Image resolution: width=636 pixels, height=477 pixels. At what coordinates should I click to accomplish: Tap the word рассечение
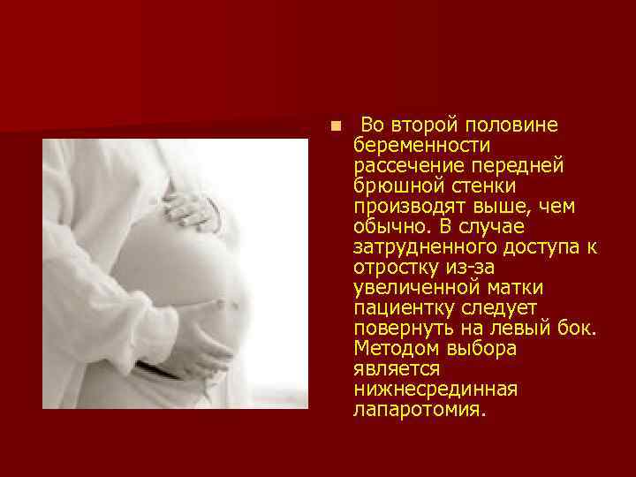click(x=397, y=166)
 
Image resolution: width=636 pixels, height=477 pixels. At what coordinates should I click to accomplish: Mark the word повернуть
click(x=397, y=329)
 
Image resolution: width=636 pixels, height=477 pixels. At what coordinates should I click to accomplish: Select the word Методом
click(x=390, y=349)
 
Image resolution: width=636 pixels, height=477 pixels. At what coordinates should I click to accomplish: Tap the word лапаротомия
click(x=418, y=410)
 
